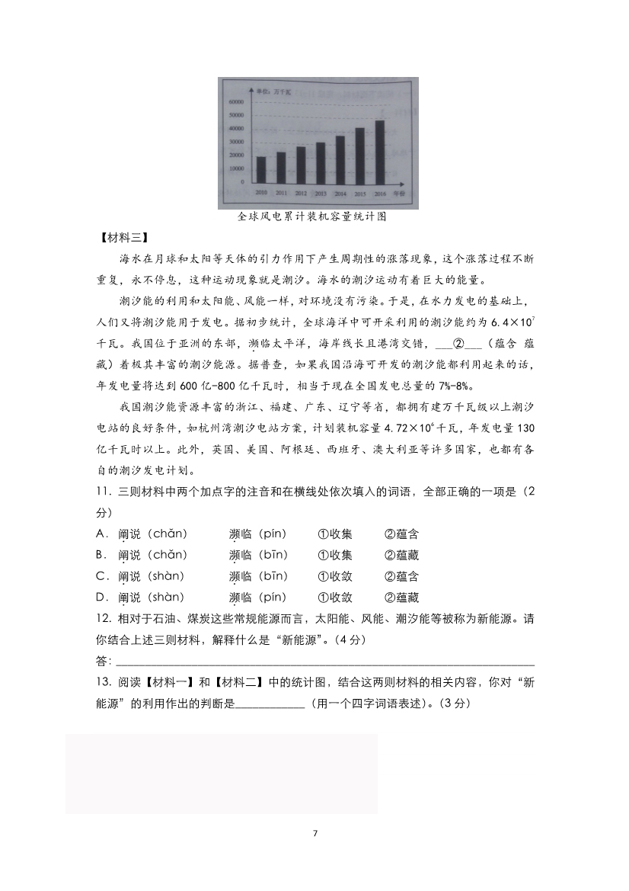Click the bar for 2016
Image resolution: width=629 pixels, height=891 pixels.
click(380, 152)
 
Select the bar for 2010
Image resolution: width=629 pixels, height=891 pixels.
click(261, 169)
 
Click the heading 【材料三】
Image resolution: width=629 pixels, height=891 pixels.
click(119, 237)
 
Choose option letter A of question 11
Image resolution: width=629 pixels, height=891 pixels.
click(101, 534)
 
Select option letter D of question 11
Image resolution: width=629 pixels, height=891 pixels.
click(101, 598)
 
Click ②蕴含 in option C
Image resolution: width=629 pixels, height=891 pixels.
click(402, 576)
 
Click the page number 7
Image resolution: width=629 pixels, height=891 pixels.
click(314, 832)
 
